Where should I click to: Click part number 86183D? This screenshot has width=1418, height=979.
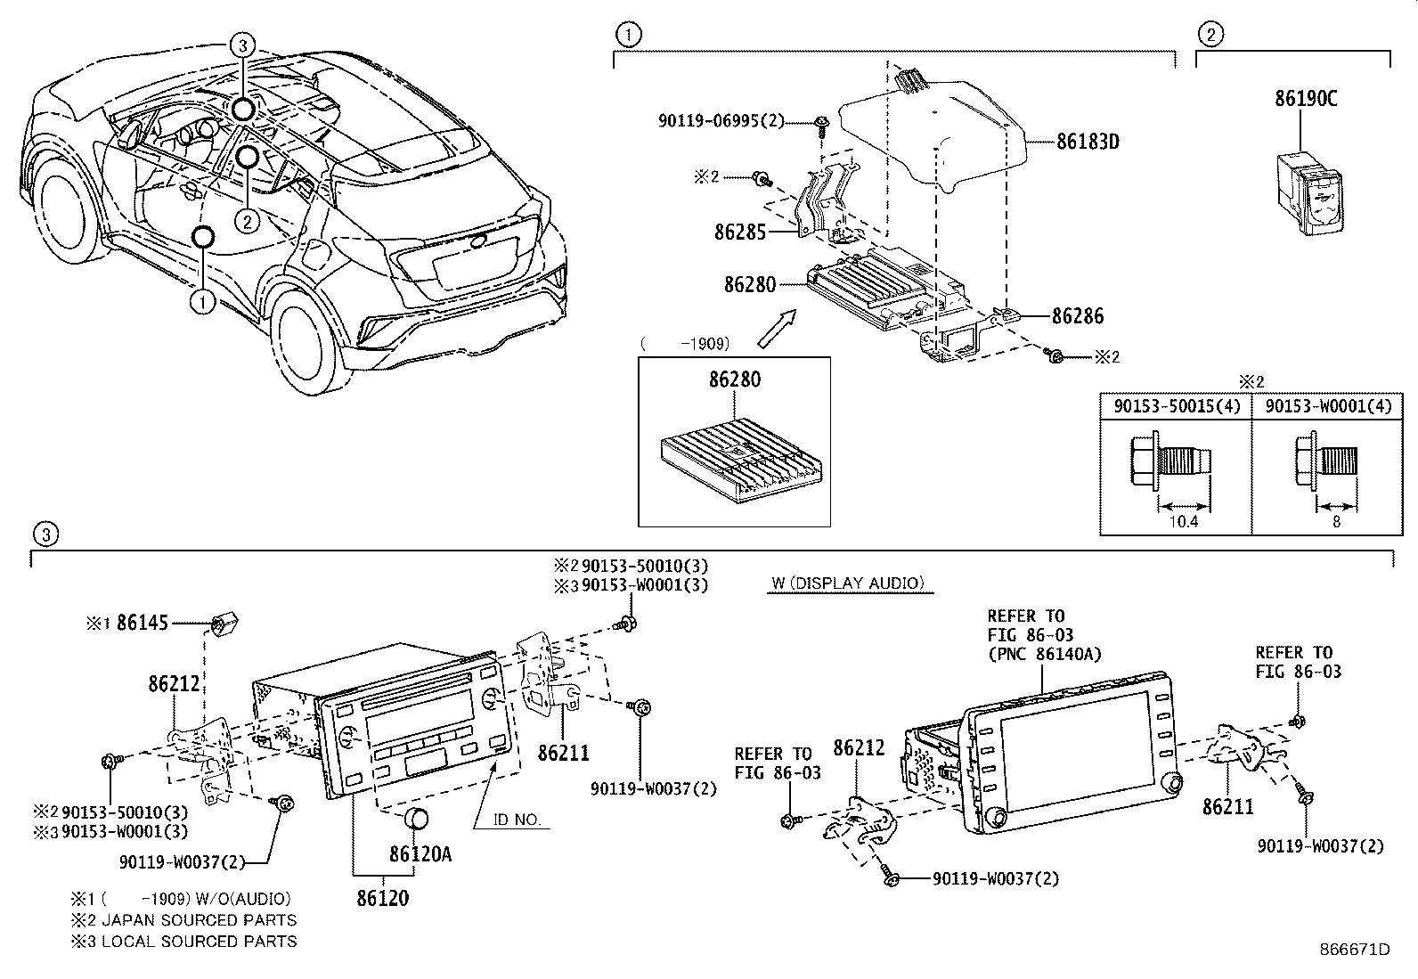point(1087,142)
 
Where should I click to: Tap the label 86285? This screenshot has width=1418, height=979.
point(739,232)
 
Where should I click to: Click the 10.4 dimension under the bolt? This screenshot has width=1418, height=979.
point(1182,522)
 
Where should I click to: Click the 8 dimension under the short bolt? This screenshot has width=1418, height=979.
point(1336,522)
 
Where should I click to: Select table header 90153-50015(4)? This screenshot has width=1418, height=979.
point(1176,405)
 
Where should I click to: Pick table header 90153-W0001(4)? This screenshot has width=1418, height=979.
point(1327,405)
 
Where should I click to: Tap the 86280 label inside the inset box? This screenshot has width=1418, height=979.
point(735,379)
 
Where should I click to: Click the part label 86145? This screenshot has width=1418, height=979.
point(143,624)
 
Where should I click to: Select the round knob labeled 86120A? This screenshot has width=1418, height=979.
point(418,819)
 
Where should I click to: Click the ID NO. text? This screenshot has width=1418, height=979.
point(517,820)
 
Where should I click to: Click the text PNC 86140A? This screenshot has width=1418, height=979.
point(1044,654)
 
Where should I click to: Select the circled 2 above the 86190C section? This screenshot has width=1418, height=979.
point(1210,35)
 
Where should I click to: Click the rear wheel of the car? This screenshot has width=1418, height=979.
point(307,334)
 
